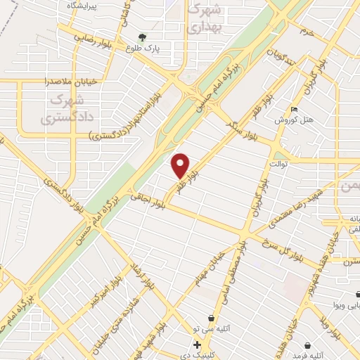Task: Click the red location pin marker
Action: click(181, 166)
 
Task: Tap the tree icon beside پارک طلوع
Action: click(143, 37)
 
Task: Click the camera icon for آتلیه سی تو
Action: click(211, 319)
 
